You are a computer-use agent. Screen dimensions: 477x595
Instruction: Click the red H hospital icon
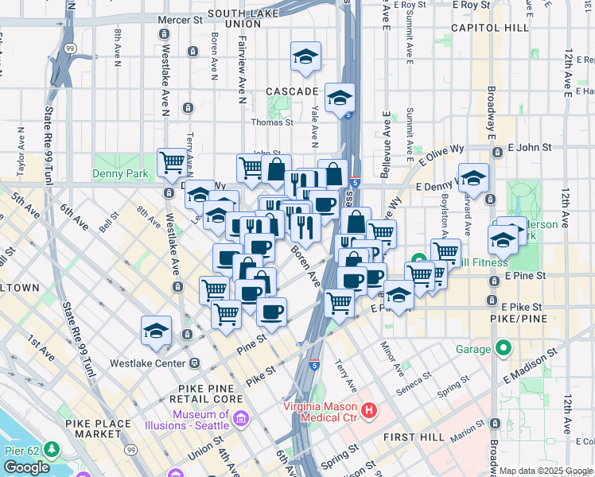coord(369,410)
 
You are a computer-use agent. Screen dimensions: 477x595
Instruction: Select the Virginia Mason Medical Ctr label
coord(322,411)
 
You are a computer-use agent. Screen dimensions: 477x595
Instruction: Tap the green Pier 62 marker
coord(52,451)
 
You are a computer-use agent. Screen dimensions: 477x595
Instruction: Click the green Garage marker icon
coord(502,348)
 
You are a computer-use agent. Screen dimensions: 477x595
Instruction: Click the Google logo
coord(26,467)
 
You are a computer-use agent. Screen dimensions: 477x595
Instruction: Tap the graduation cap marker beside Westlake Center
coord(156,331)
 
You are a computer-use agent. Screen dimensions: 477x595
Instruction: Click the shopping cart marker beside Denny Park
coord(172,163)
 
